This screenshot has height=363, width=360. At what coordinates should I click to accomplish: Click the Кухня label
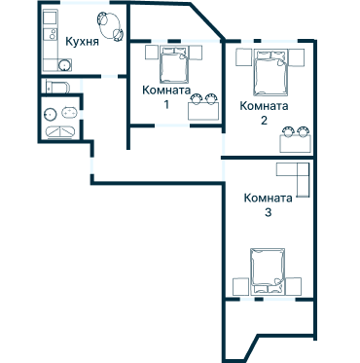tap(82, 42)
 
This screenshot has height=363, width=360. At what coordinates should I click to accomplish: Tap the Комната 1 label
tap(166, 96)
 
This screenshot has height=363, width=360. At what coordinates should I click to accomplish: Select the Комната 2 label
tap(264, 113)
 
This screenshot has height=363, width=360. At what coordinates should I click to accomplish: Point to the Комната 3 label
tap(268, 204)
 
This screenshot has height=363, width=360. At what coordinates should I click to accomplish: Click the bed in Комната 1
tap(174, 64)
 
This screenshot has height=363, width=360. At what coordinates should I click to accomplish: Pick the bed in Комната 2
tap(271, 72)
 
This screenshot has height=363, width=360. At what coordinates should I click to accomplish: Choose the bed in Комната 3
tap(268, 272)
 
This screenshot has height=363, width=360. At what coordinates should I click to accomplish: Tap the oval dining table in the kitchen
tap(110, 26)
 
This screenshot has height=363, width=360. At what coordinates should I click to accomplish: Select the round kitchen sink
tap(65, 65)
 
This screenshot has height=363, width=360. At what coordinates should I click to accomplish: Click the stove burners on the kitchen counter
tap(51, 34)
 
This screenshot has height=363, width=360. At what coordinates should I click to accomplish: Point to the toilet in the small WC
tap(57, 87)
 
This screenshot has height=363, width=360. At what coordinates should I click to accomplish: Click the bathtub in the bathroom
tap(60, 132)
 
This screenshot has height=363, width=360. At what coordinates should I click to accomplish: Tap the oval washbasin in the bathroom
tap(69, 113)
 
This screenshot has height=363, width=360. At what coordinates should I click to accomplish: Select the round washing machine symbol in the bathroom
tap(50, 114)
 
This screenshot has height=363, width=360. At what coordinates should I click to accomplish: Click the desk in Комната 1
tap(203, 111)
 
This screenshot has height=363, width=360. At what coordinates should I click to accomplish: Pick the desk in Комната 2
tap(296, 144)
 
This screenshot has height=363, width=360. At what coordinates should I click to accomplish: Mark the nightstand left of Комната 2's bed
tap(244, 57)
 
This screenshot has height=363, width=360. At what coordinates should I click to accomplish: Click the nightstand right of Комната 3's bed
tap(294, 286)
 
